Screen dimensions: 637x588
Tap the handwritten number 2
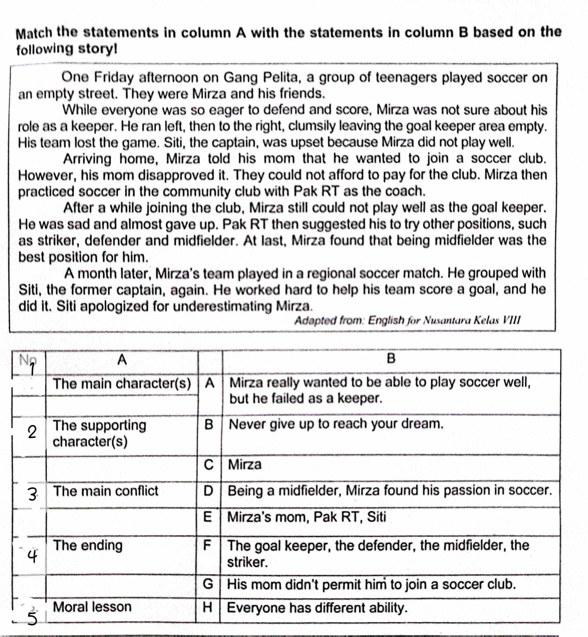(x=32, y=432)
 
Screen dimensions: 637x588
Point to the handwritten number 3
(x=33, y=494)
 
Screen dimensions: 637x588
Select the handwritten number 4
(x=32, y=556)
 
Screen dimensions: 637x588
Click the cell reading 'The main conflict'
(x=106, y=491)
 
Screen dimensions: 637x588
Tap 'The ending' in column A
(x=88, y=545)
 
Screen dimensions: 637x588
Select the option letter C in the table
(x=208, y=465)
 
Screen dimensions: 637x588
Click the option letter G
(x=208, y=584)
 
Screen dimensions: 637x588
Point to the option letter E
(x=208, y=517)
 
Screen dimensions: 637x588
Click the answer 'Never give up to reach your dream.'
(x=336, y=424)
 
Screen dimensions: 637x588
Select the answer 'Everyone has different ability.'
(x=317, y=608)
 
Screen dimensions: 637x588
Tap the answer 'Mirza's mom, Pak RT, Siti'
(x=307, y=517)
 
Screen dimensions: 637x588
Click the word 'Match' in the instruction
(x=34, y=33)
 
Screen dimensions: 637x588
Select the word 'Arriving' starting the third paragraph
(x=87, y=159)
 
